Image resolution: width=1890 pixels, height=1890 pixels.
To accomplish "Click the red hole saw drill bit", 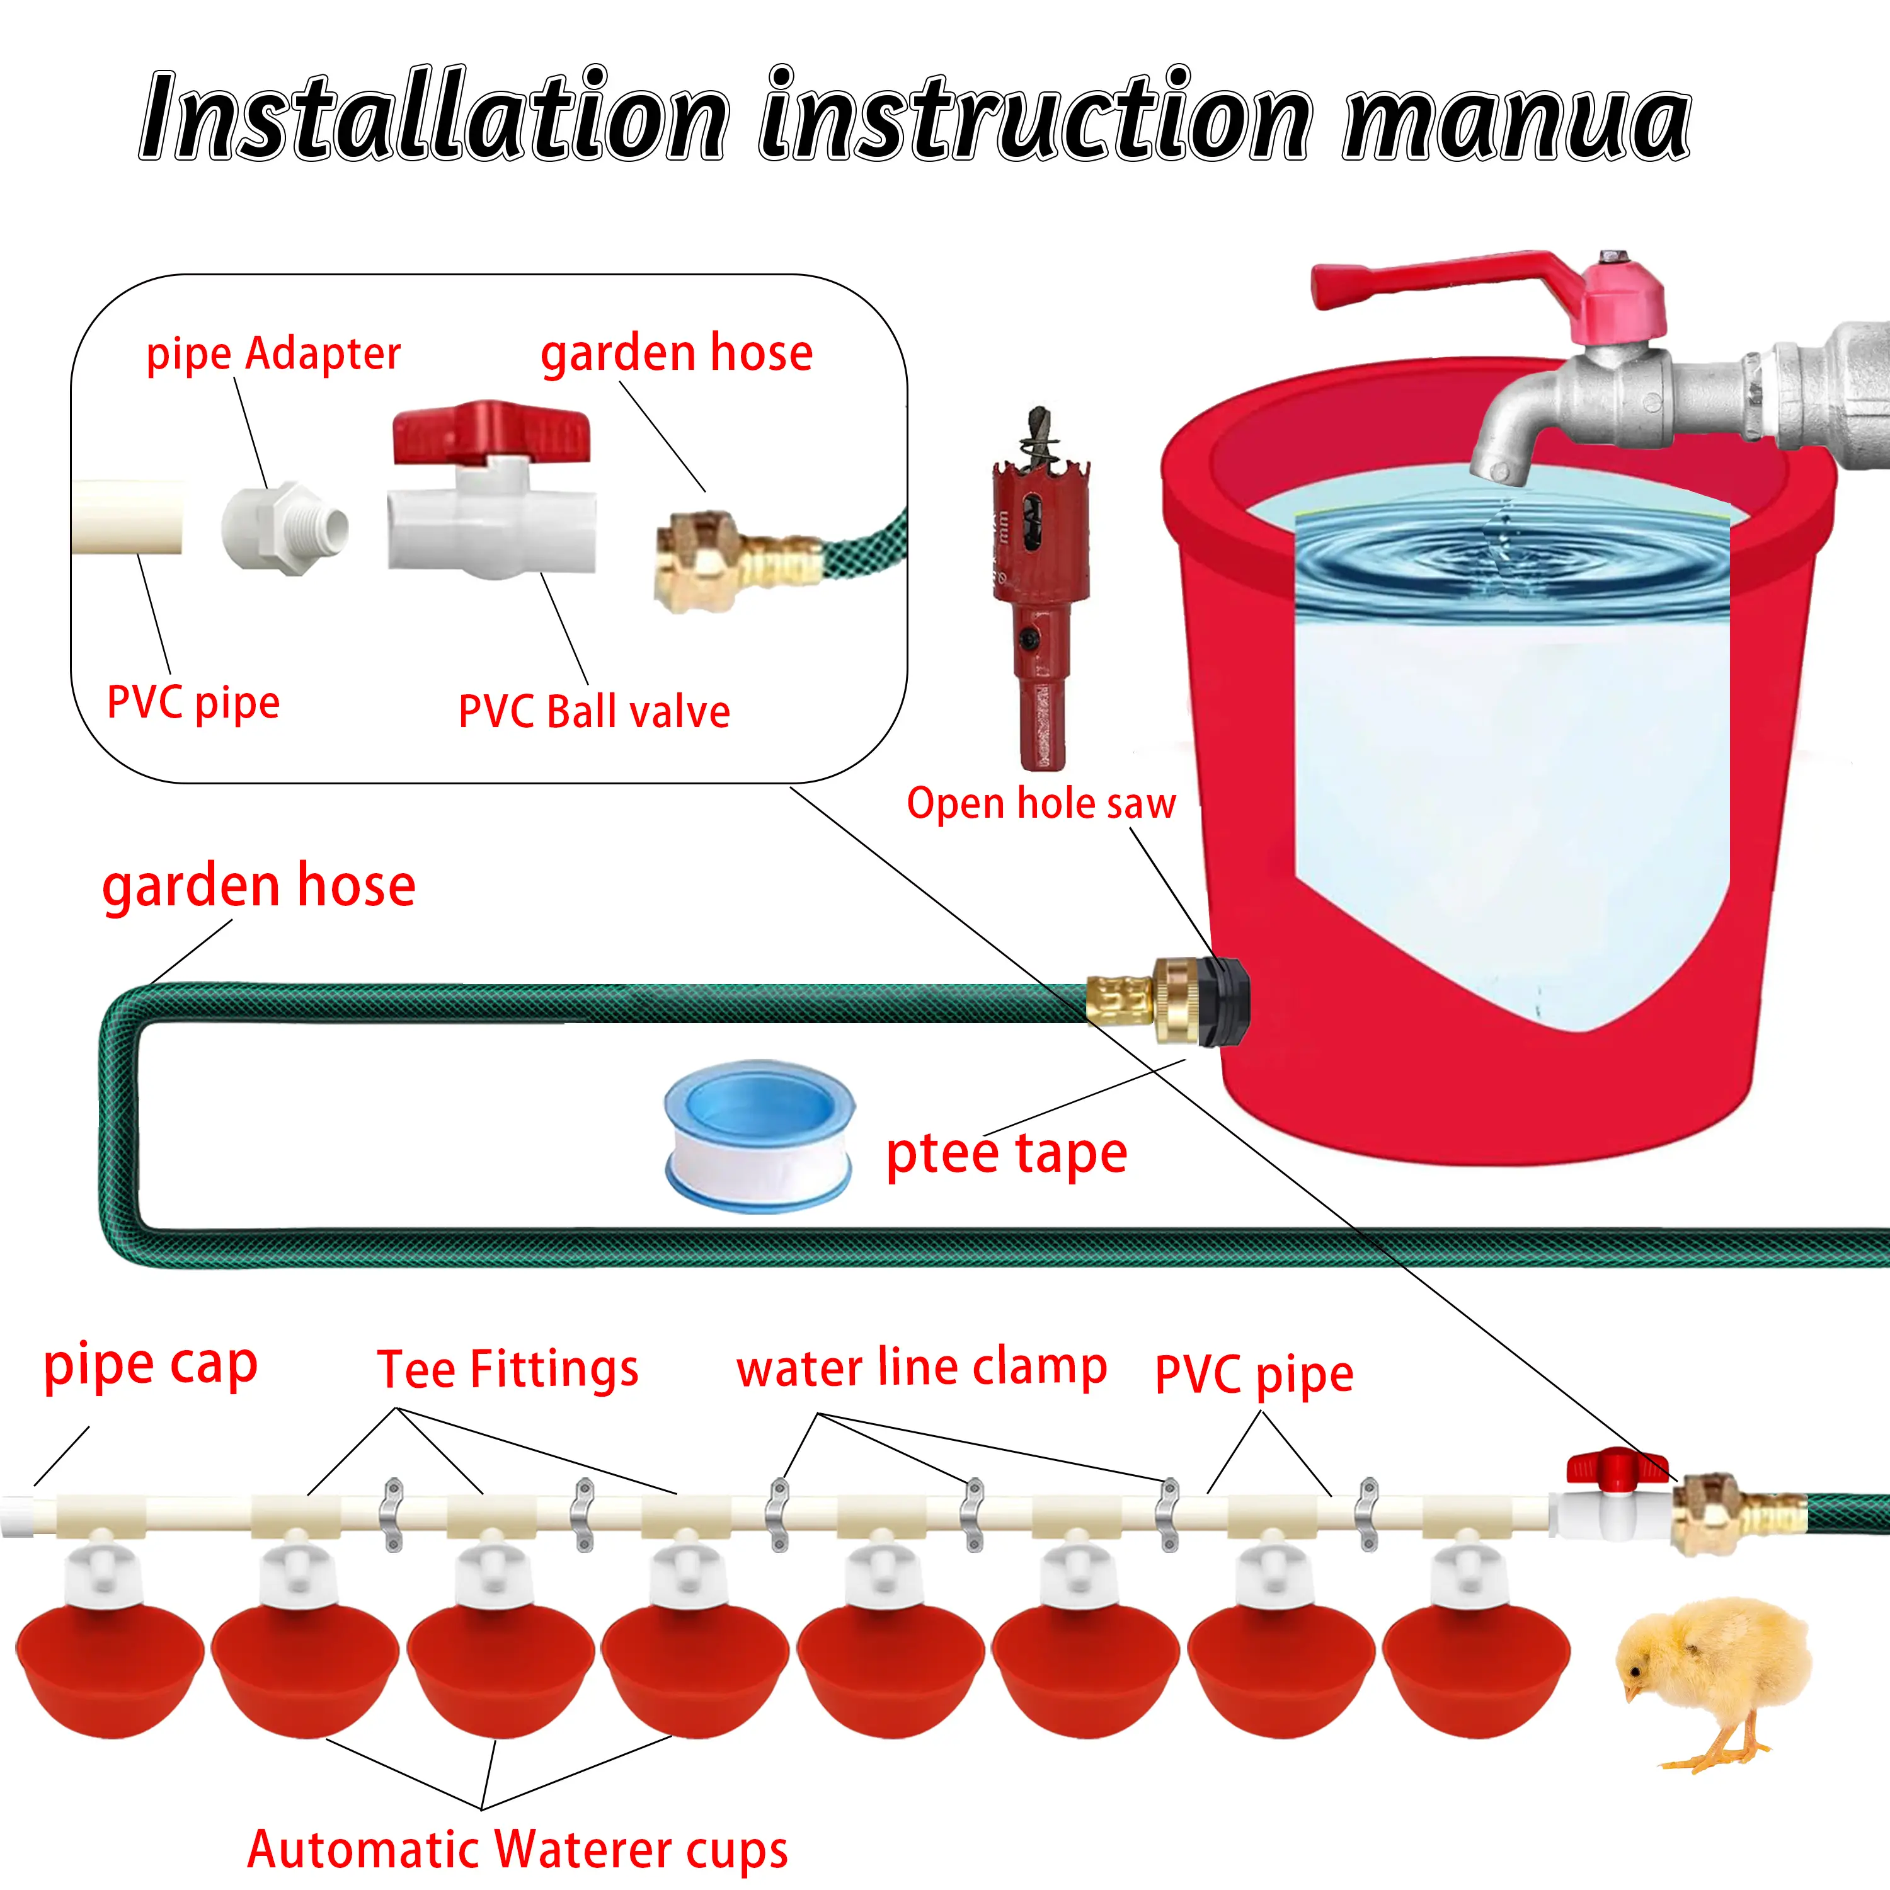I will pyautogui.click(x=1039, y=587).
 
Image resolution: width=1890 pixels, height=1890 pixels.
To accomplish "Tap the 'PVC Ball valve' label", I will pyautogui.click(x=594, y=712).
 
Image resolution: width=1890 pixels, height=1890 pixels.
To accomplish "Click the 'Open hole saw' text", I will pyautogui.click(x=1041, y=803).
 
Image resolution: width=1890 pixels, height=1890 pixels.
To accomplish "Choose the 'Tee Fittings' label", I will pyautogui.click(x=508, y=1370).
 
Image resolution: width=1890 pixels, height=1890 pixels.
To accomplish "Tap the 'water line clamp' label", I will pyautogui.click(x=922, y=1368).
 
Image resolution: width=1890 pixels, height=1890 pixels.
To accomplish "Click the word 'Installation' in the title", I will pyautogui.click(x=435, y=117).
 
